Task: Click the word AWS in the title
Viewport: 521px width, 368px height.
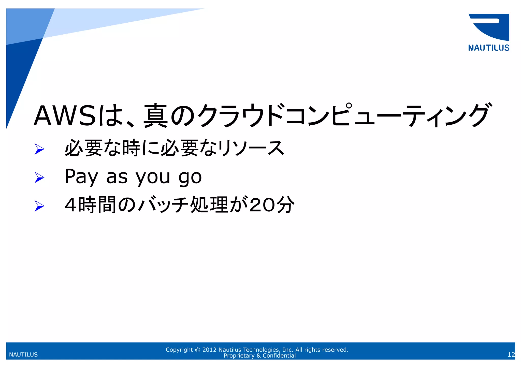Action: pos(65,116)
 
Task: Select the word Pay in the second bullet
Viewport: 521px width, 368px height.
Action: pos(81,177)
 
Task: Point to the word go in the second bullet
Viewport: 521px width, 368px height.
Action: pos(190,178)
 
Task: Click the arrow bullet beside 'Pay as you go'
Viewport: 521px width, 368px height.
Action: pos(39,177)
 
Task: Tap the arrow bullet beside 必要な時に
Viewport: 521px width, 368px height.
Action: pos(39,149)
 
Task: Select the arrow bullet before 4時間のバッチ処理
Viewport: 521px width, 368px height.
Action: pos(39,206)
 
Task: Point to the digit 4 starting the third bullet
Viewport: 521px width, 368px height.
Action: pos(70,205)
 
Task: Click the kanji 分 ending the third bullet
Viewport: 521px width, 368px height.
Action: pos(286,205)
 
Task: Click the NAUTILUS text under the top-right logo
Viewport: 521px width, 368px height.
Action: pos(488,48)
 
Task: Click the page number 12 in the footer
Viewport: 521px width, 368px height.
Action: pos(511,355)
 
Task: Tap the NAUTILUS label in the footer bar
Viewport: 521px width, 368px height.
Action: pos(23,355)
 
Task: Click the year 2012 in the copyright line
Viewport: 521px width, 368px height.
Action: pos(209,350)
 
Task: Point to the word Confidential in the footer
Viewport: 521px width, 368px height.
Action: pos(279,356)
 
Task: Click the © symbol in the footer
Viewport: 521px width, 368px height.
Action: pos(198,350)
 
